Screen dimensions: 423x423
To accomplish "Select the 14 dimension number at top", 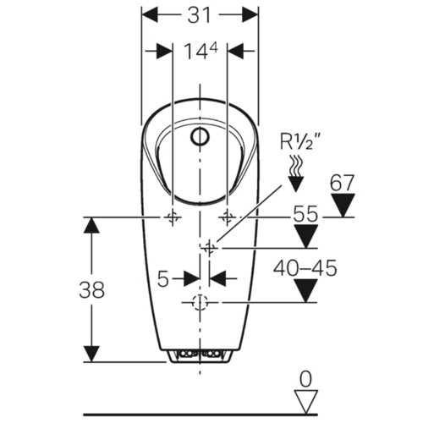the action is tap(194, 52).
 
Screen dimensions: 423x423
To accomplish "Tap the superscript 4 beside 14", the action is tap(213, 48).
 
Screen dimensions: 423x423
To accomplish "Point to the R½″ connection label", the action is tap(300, 141).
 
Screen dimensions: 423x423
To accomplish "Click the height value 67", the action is tap(342, 183).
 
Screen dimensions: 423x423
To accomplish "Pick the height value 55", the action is tap(305, 213).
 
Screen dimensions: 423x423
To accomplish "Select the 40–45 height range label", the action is tap(305, 268).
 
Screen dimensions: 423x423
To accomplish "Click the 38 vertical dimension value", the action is tap(91, 289).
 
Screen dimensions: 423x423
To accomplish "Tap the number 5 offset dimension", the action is tap(163, 279).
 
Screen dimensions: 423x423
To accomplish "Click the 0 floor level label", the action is tap(305, 379).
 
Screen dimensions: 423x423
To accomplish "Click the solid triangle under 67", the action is tap(343, 205).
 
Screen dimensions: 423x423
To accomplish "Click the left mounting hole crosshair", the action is tap(173, 217).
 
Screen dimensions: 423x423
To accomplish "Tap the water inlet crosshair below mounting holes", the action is tap(209, 248).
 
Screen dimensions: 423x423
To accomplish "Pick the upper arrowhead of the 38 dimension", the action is tap(91, 225).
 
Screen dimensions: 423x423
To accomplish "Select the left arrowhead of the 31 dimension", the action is tap(149, 14).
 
